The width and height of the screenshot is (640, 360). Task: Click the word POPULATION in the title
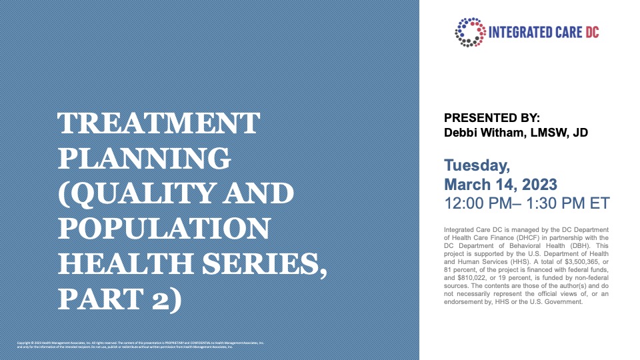pyautogui.click(x=165, y=229)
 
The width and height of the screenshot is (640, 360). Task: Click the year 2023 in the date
pyautogui.click(x=543, y=182)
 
